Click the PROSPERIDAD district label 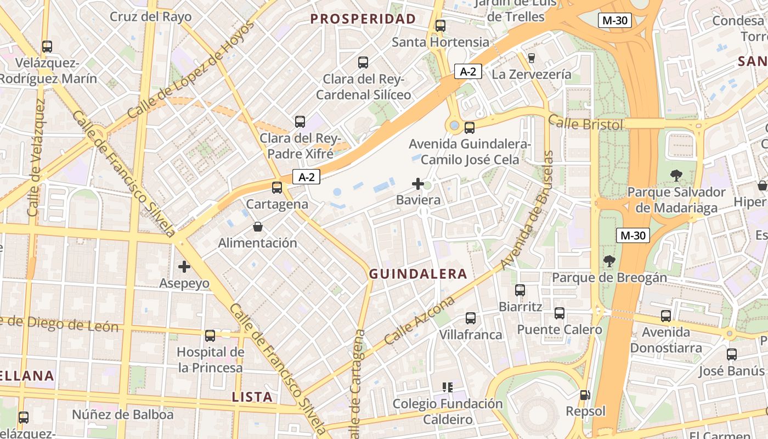click(363, 19)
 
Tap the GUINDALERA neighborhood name click(418, 274)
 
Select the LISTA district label click(252, 397)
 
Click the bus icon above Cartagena click(277, 188)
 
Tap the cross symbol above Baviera click(418, 184)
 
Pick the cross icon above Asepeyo click(184, 267)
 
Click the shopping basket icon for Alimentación click(258, 226)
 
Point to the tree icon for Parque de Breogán click(609, 261)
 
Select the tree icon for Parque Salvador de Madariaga click(676, 176)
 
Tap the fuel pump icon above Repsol click(585, 395)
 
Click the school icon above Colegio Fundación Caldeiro click(448, 387)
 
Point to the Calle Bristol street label click(586, 124)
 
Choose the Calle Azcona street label click(420, 320)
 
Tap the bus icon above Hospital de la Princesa click(210, 335)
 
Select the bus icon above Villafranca click(470, 318)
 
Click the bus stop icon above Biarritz click(520, 290)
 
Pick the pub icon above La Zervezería click(531, 58)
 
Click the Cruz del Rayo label click(151, 16)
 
